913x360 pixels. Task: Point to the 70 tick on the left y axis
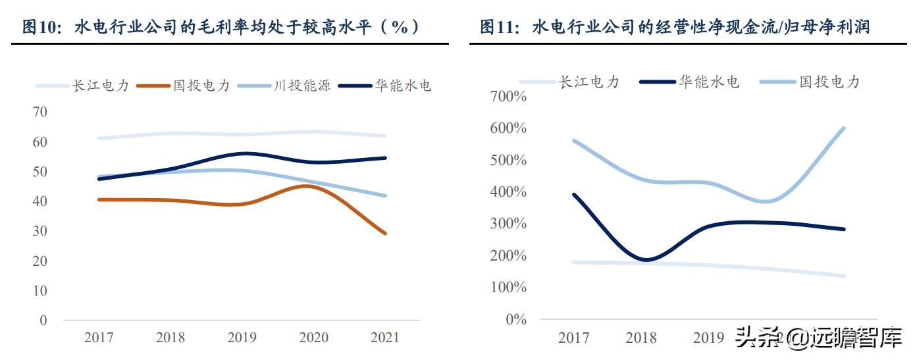click(40, 112)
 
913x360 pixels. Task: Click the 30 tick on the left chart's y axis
click(40, 231)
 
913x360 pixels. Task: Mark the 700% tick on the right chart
click(509, 97)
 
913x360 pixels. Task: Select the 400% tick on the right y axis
click(509, 192)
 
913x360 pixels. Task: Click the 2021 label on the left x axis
click(384, 338)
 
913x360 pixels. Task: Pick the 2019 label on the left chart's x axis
click(242, 338)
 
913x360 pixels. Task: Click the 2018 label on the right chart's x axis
click(641, 338)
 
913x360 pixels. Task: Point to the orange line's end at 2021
click(385, 233)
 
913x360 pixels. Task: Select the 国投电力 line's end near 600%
click(844, 128)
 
